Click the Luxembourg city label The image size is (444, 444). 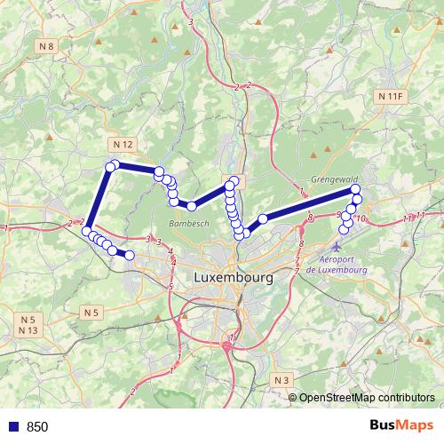[x=233, y=278]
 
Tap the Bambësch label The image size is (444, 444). [x=188, y=224]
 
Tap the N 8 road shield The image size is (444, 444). [x=47, y=46]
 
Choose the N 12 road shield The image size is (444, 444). [x=123, y=144]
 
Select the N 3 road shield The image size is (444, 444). [x=282, y=380]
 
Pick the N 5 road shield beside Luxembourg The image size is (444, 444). [x=92, y=312]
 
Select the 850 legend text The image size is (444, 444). [x=36, y=426]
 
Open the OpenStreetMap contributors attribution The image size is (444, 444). [x=366, y=397]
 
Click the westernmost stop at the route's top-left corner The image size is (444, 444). [x=110, y=166]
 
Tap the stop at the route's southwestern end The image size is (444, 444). [x=130, y=255]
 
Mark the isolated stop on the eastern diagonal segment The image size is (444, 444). [x=263, y=218]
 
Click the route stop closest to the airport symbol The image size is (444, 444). [x=345, y=231]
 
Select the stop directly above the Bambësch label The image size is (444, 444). [x=191, y=206]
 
